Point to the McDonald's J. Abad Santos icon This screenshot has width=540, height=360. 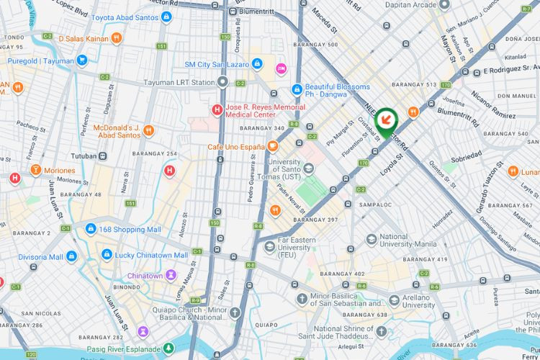[x=148, y=130]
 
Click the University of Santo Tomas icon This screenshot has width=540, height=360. [x=309, y=168]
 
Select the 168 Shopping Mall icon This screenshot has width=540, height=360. [x=91, y=229]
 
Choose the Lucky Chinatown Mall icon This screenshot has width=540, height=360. [x=107, y=255]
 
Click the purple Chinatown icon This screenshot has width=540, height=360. [x=171, y=275]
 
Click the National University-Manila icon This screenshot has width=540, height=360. [x=371, y=240]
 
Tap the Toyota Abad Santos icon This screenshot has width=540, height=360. [x=166, y=17]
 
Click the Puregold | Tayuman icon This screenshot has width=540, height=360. [x=81, y=60]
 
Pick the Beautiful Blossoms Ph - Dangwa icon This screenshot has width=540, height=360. [x=296, y=89]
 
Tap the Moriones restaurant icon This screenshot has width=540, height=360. [x=35, y=170]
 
